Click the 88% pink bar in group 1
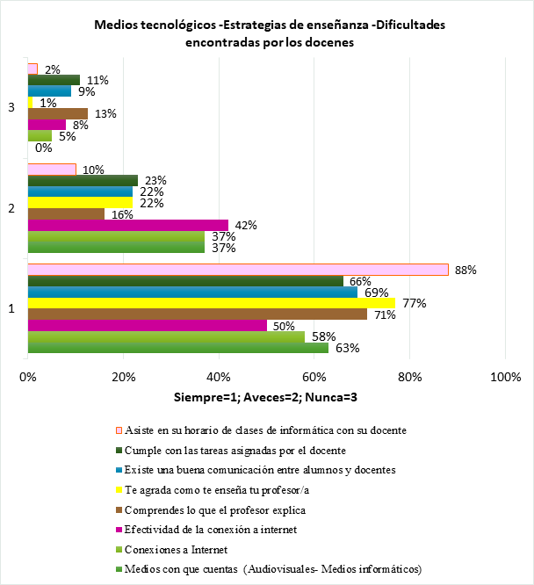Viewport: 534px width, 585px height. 237,270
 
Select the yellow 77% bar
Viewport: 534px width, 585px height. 211,304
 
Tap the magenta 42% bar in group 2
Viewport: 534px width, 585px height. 127,225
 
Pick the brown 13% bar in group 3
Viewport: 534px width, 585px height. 58,113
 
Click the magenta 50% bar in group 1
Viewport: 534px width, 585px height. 147,326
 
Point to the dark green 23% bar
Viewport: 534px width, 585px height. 83,180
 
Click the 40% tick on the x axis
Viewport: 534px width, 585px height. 219,378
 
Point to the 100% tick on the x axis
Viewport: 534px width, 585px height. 505,378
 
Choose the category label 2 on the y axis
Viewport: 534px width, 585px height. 11,208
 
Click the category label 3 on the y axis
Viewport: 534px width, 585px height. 11,107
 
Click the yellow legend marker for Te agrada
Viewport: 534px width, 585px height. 119,489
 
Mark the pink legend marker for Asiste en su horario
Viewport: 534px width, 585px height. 119,430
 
